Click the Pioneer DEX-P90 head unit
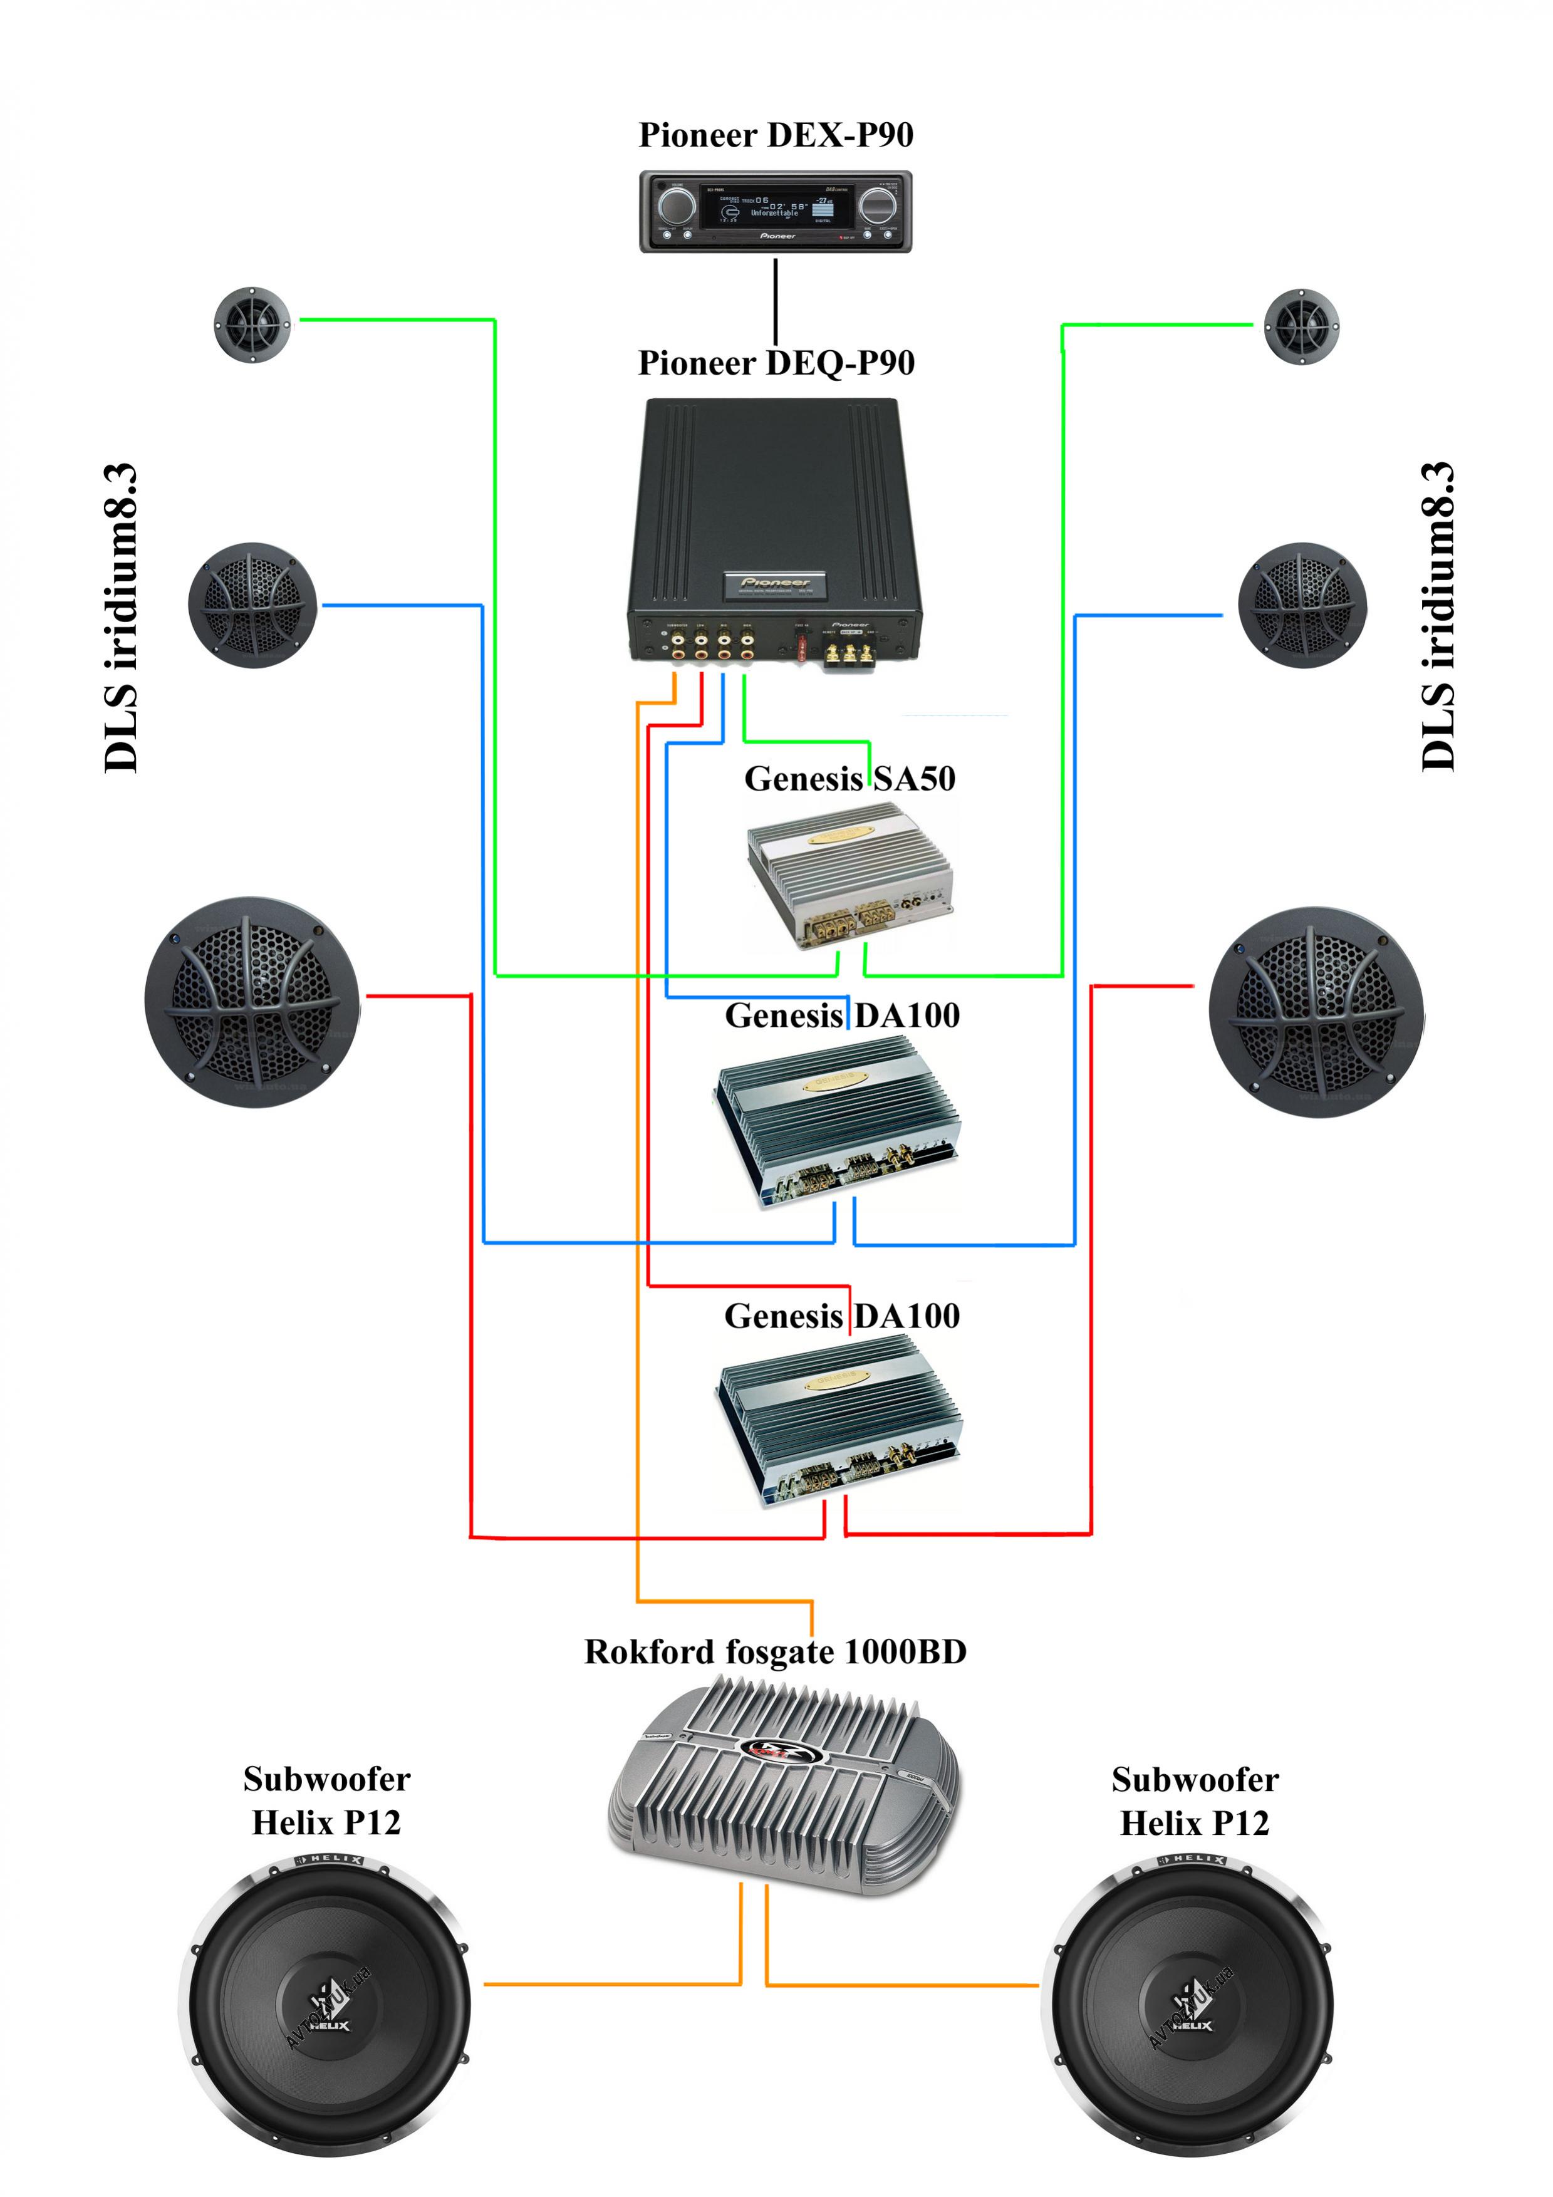click(x=775, y=212)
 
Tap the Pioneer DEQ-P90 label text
click(x=776, y=363)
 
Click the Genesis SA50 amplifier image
click(x=849, y=874)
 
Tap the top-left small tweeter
click(x=252, y=325)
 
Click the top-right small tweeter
click(x=1301, y=326)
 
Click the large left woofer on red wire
click(x=252, y=1002)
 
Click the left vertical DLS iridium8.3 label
click(x=122, y=617)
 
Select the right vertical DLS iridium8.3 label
click(x=1437, y=617)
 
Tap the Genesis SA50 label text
click(x=849, y=779)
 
